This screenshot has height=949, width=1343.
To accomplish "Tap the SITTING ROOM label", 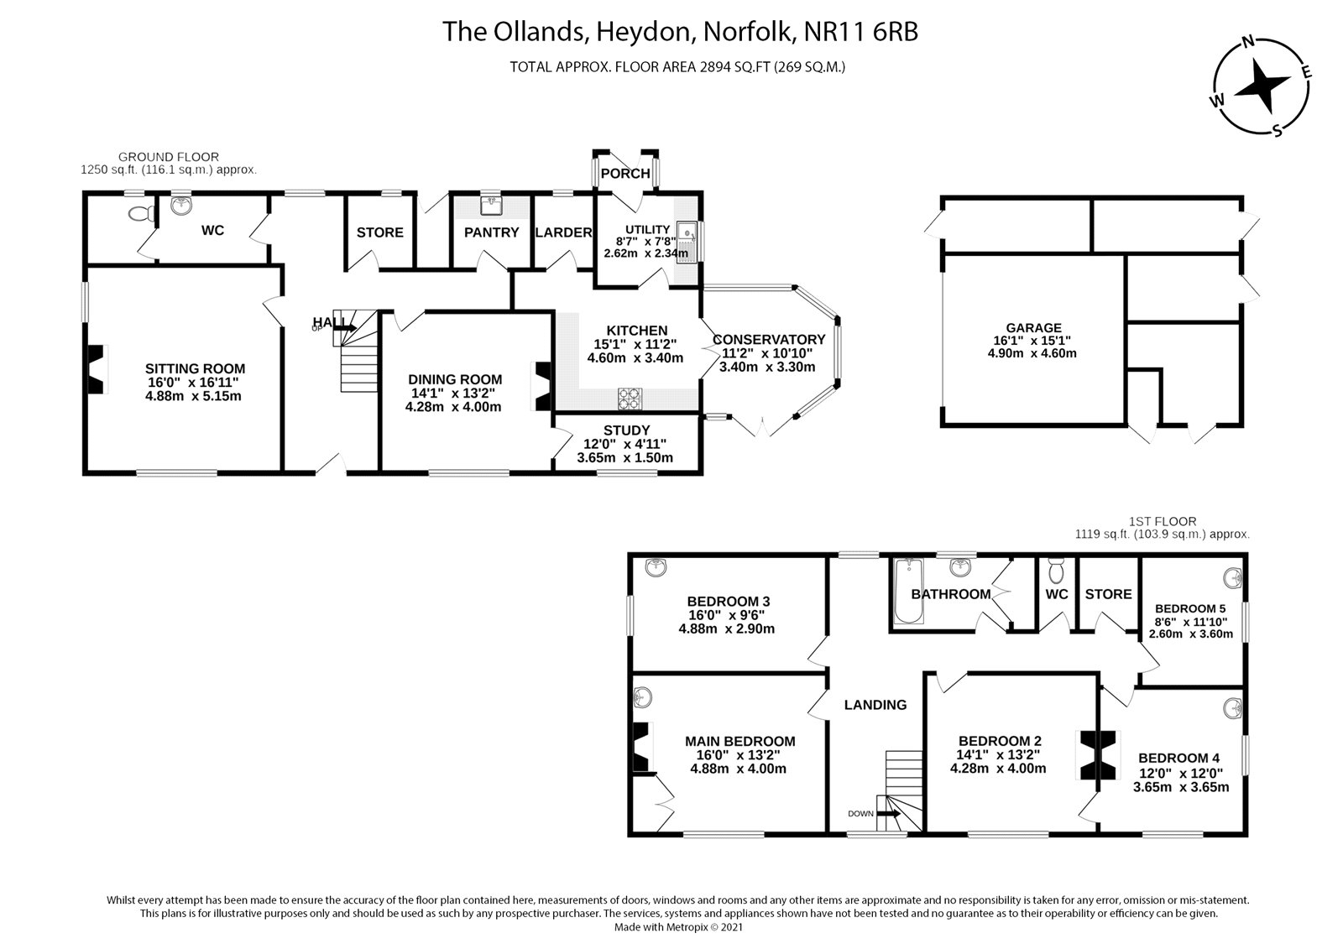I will point(195,368).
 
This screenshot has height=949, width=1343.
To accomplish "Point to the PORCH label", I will point(625,174).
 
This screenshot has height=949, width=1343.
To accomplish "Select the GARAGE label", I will point(1034,328).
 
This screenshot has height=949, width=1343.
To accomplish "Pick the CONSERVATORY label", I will point(769,340).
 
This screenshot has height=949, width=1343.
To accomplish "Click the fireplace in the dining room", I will point(541,386).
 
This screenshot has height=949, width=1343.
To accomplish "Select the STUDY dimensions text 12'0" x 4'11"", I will point(625,445).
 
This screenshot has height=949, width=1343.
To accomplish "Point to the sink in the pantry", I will point(492,204).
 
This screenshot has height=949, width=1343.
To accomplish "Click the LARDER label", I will point(563,232).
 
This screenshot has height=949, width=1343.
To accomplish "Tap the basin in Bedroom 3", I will point(656,568).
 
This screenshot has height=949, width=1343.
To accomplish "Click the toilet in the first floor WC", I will point(1057,571).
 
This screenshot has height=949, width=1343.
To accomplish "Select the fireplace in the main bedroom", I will point(641,747).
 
